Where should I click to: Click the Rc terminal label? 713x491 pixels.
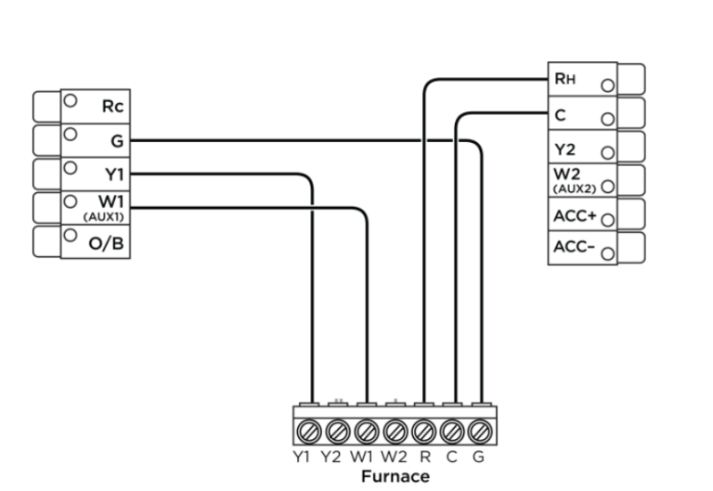pyautogui.click(x=112, y=107)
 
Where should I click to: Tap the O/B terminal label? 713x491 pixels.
pyautogui.click(x=106, y=244)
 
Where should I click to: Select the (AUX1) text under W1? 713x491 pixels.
pyautogui.click(x=103, y=217)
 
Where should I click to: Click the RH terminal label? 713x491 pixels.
pyautogui.click(x=564, y=79)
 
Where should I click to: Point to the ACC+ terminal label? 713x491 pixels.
pyautogui.click(x=575, y=216)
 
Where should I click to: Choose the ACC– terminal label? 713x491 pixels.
pyautogui.click(x=574, y=247)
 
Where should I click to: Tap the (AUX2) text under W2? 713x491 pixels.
pyautogui.click(x=575, y=188)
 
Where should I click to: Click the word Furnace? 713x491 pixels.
pyautogui.click(x=395, y=476)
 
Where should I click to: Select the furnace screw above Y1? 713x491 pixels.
pyautogui.click(x=309, y=431)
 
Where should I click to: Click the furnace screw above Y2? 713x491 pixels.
pyautogui.click(x=338, y=431)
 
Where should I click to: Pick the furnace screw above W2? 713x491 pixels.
pyautogui.click(x=395, y=431)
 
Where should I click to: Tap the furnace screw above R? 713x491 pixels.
pyautogui.click(x=423, y=431)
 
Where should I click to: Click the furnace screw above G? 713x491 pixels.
pyautogui.click(x=480, y=431)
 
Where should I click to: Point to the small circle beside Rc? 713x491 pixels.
pyautogui.click(x=70, y=100)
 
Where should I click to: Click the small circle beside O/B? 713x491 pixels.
pyautogui.click(x=70, y=235)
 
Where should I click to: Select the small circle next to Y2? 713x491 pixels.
pyautogui.click(x=607, y=153)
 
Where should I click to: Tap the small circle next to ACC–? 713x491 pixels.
pyautogui.click(x=607, y=253)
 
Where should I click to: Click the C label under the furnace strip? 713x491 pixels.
pyautogui.click(x=451, y=457)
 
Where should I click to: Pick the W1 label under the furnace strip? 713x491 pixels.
pyautogui.click(x=362, y=457)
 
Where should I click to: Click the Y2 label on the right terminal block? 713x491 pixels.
pyautogui.click(x=564, y=149)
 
